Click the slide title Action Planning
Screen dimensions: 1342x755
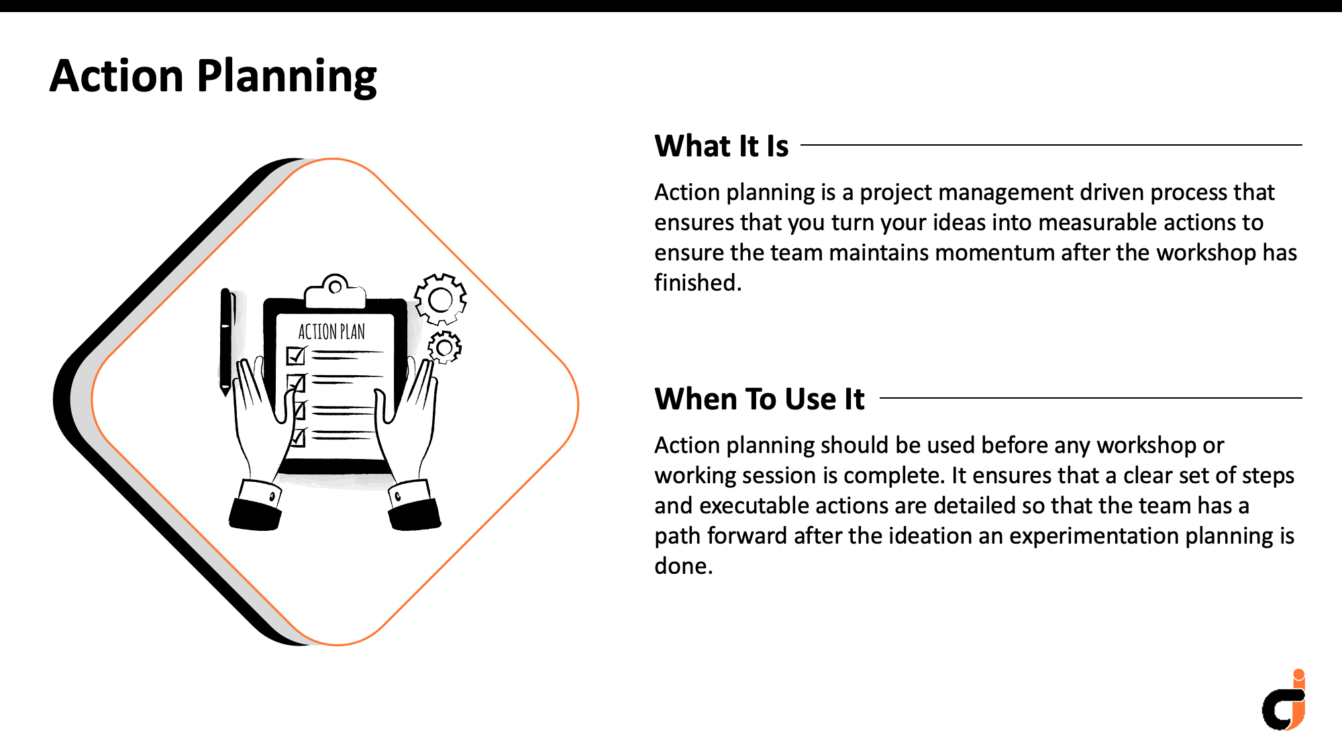point(213,76)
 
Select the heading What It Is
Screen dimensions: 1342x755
point(721,146)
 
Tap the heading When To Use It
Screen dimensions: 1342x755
point(760,399)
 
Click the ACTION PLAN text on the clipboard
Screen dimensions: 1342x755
point(331,332)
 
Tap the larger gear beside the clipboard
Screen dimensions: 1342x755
point(440,299)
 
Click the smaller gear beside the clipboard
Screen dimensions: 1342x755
point(444,347)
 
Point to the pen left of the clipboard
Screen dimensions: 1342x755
point(227,342)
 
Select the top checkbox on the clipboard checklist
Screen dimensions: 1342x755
point(296,355)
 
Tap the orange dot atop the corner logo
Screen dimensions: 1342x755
point(1299,674)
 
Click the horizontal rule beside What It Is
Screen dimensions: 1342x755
point(1051,144)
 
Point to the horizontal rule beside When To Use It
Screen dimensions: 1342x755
point(1091,397)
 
